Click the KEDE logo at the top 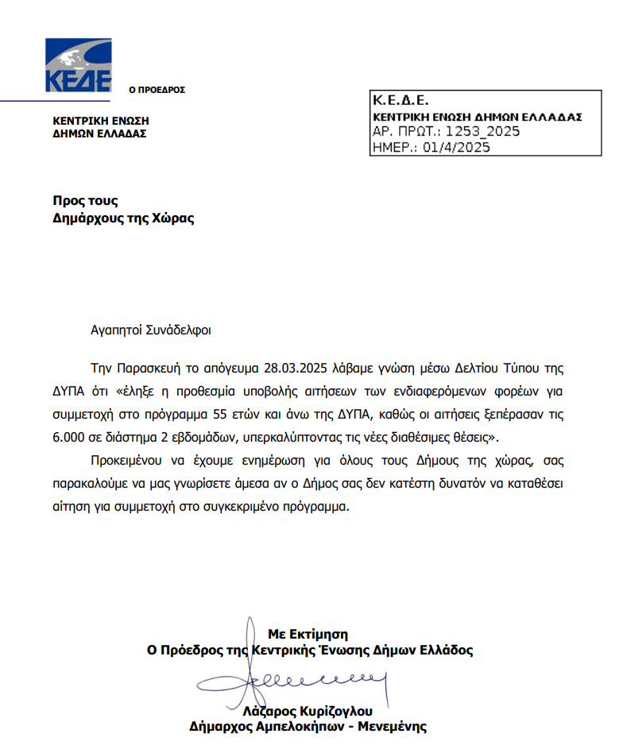(x=78, y=66)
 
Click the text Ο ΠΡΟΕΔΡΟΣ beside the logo (x=157, y=90)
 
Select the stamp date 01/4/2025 (x=457, y=147)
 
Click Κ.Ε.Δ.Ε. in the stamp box (x=400, y=101)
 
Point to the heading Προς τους (x=85, y=201)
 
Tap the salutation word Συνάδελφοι (x=181, y=330)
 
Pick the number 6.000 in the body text (x=70, y=437)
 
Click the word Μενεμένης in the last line (x=392, y=726)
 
